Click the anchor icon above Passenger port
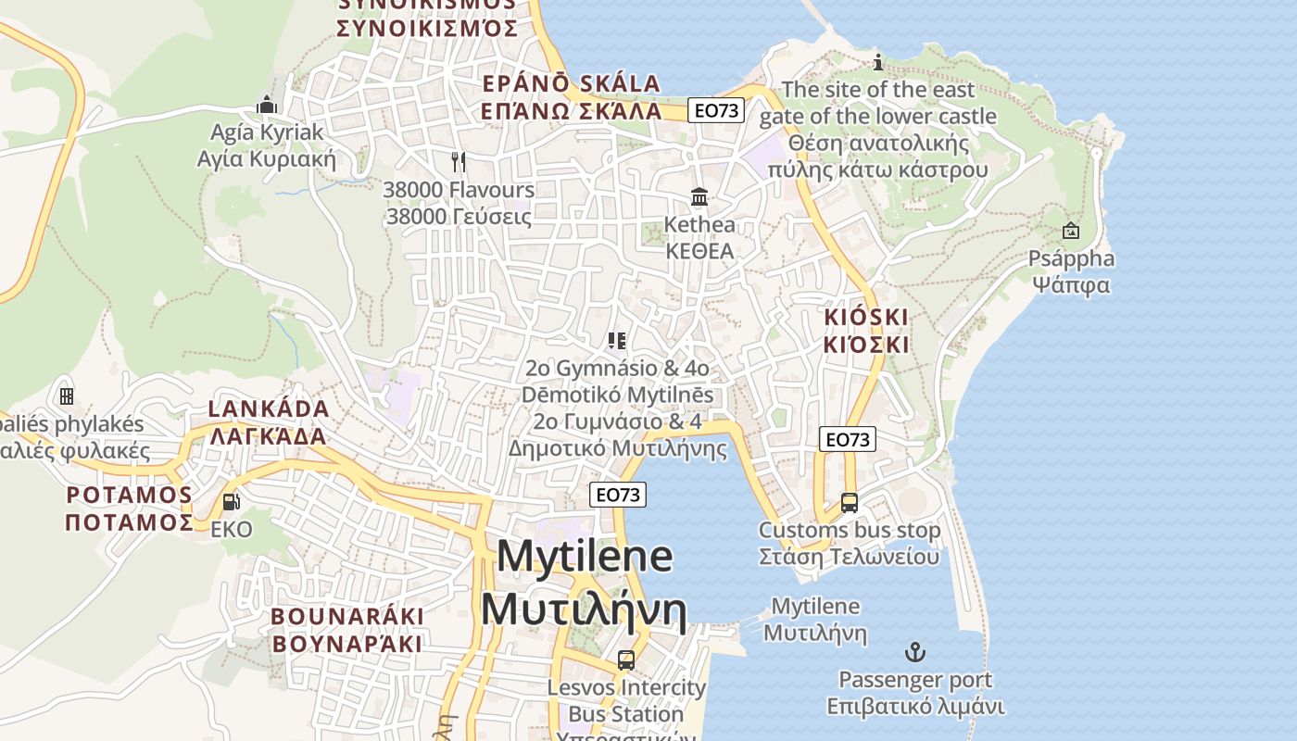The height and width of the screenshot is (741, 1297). click(915, 652)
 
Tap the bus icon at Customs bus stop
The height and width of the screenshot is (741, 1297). click(850, 503)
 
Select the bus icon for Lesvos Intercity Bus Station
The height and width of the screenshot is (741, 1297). click(626, 660)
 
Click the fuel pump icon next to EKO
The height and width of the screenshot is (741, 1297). click(231, 502)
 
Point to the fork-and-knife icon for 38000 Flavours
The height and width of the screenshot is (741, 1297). click(459, 162)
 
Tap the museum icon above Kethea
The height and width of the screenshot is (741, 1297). click(699, 197)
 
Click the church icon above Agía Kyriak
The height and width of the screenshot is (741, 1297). click(268, 104)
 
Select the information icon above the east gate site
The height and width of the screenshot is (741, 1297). click(878, 62)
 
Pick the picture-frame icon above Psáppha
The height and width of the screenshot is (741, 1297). click(1071, 231)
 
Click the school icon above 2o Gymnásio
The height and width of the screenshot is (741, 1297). click(617, 341)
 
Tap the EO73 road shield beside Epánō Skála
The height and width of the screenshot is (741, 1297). click(717, 110)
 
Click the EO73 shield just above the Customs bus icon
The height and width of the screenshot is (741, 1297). click(848, 439)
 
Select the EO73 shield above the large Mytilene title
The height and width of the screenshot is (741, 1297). click(618, 495)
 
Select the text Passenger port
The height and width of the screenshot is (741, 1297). click(915, 680)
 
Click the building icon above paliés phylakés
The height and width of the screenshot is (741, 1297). click(67, 396)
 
